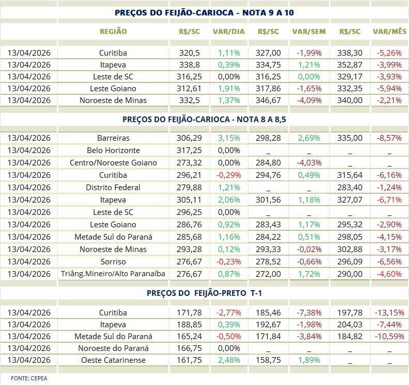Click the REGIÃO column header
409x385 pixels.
click(113, 31)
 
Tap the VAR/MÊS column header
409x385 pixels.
click(389, 31)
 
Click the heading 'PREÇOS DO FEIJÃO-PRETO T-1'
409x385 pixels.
click(203, 293)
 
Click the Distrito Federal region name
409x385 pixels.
click(113, 188)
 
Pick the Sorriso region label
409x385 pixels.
click(113, 262)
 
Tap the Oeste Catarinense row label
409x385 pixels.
click(113, 360)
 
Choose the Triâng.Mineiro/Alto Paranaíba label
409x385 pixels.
click(113, 274)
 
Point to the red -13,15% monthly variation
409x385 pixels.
click(389, 313)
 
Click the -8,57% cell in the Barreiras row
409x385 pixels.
click(389, 138)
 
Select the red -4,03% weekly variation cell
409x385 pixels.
click(309, 163)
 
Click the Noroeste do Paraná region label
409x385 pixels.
click(113, 348)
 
